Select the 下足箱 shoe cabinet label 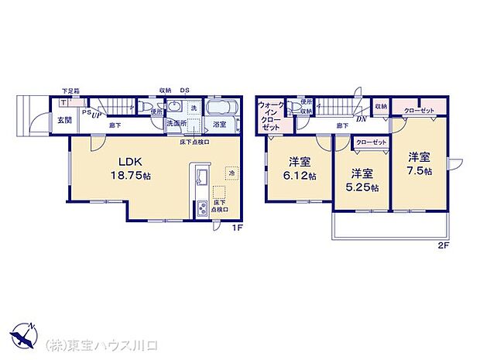70,91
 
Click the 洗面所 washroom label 173,123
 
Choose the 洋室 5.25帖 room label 363,180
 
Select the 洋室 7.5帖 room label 420,163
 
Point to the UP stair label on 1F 96,115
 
